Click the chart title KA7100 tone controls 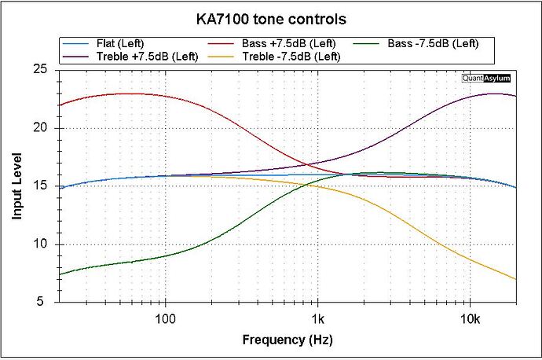tap(271, 17)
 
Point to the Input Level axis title tap(16, 186)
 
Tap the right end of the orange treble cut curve tap(516, 279)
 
